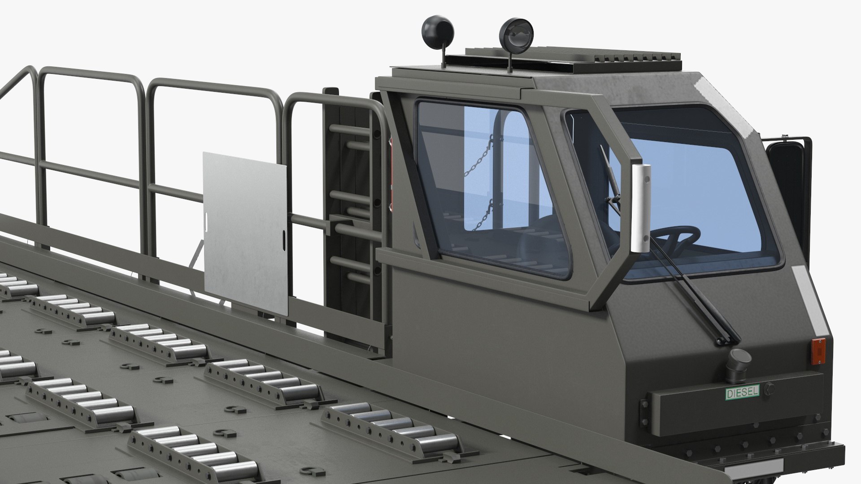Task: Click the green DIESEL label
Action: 742,393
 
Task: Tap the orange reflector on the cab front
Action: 819,350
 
